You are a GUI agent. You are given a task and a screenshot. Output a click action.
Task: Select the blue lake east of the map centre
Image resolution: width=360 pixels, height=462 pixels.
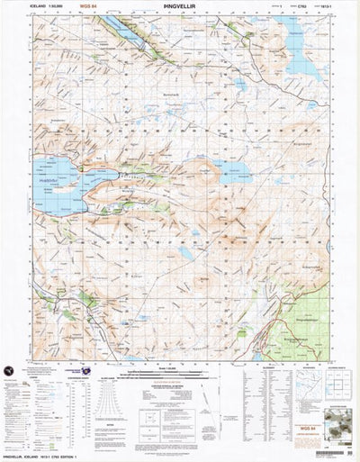[237, 171]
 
